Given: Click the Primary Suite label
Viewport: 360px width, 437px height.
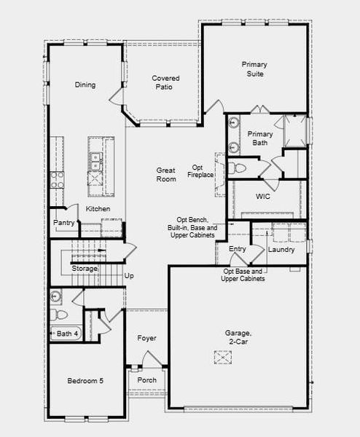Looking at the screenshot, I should click(253, 69).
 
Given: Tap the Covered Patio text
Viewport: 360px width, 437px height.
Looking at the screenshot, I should click(165, 82).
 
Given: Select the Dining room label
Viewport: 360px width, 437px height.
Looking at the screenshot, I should click(85, 85).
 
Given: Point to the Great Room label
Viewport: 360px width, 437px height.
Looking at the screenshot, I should click(166, 174).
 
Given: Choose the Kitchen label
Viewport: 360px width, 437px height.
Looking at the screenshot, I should click(98, 209).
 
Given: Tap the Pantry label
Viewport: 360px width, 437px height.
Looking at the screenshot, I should click(64, 223).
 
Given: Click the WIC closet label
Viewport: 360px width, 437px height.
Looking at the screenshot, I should click(263, 197).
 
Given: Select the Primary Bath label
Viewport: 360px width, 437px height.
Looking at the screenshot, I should click(260, 138).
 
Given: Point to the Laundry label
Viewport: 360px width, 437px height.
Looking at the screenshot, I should click(281, 250).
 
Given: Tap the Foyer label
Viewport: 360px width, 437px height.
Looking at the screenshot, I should click(146, 338).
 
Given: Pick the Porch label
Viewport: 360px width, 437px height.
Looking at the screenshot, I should click(146, 380).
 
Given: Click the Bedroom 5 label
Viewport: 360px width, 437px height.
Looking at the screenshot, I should click(85, 381).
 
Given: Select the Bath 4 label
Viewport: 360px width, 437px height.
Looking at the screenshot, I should click(67, 334).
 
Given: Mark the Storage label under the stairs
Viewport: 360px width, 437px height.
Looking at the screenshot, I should click(84, 269).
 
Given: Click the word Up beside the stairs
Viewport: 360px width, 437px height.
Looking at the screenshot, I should click(130, 276).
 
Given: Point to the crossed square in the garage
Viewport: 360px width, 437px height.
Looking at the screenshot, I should click(222, 358).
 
